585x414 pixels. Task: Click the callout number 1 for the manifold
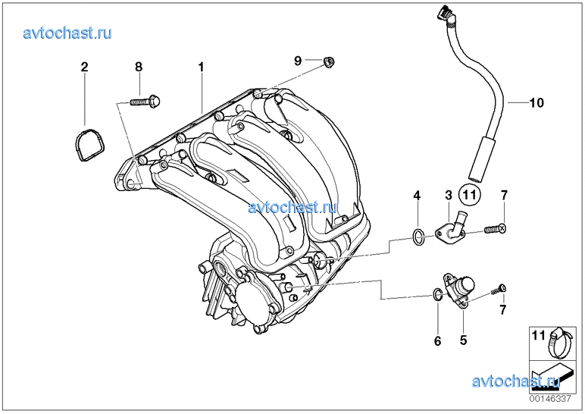click(201, 67)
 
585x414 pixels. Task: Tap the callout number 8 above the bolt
click(139, 67)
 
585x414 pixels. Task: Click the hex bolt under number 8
click(145, 101)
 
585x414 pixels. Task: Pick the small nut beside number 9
click(329, 62)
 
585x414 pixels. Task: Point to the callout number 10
click(537, 102)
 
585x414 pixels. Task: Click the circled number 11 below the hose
click(469, 195)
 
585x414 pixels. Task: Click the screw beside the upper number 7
click(495, 228)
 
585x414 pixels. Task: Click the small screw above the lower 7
click(498, 290)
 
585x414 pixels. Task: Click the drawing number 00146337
click(550, 399)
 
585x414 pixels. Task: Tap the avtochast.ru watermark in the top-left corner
click(67, 33)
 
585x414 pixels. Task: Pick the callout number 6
click(438, 341)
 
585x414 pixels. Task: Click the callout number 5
click(463, 340)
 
